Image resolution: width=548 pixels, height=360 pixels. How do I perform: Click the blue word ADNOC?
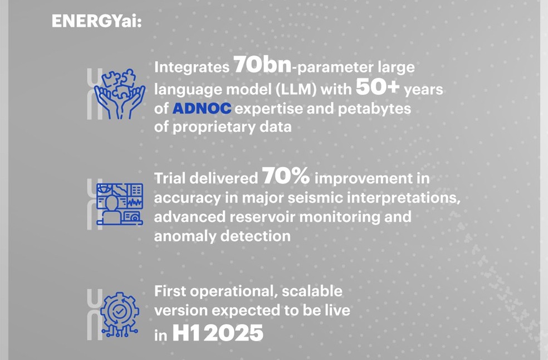[202, 109]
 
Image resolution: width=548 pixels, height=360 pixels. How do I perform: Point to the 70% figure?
[286, 177]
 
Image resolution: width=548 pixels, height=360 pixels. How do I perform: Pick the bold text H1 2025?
[218, 333]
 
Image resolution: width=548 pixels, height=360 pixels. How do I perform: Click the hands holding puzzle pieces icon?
[119, 94]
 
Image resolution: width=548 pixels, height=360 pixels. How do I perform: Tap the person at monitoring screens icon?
[119, 203]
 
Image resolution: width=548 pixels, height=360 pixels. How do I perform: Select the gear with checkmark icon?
[119, 313]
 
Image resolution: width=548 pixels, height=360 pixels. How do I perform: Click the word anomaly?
[185, 236]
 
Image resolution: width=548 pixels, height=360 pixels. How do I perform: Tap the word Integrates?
[191, 67]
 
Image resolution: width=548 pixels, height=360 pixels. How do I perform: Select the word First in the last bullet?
[170, 291]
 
